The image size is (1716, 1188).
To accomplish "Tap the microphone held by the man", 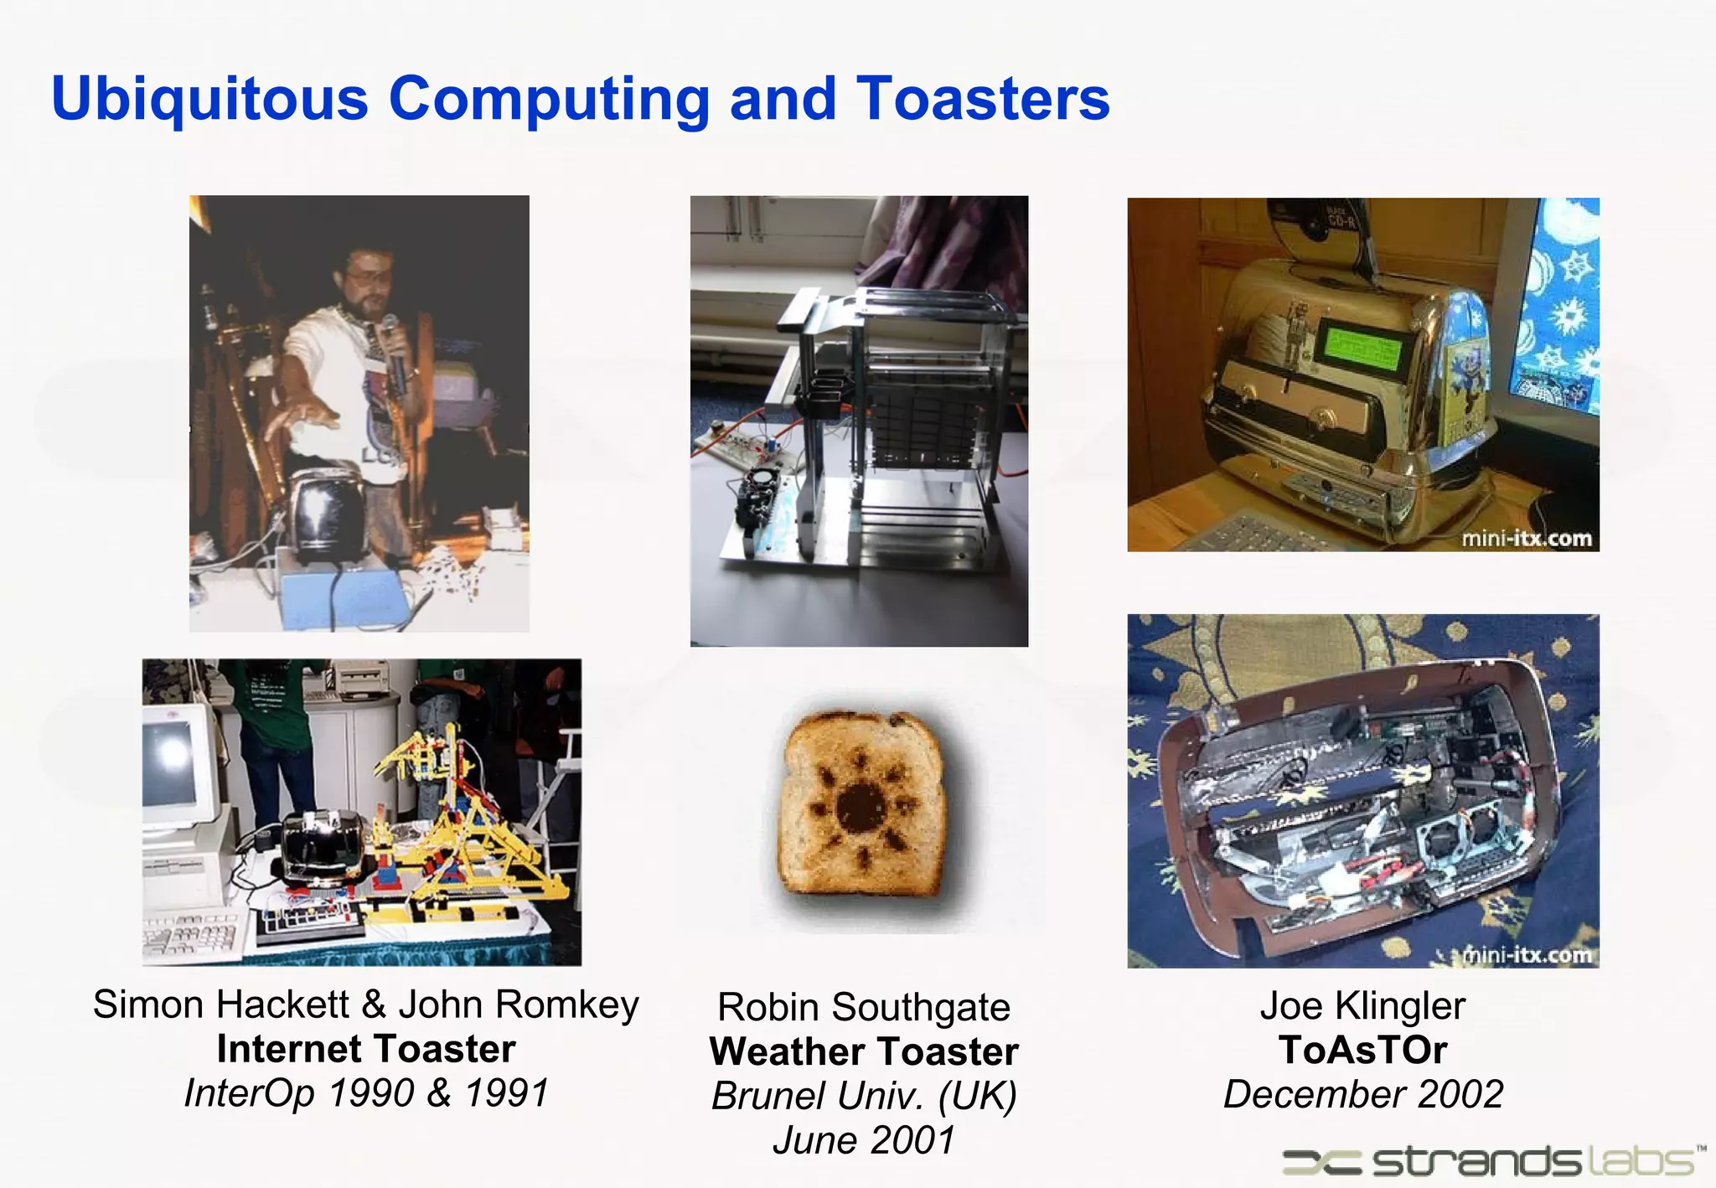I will point(392,343).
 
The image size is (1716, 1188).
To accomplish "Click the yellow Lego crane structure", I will point(469,804).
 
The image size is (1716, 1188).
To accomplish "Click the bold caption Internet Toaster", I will point(366,1049).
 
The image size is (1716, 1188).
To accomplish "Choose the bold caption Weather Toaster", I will point(864,1051).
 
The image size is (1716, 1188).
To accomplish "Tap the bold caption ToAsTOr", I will point(1362,1050).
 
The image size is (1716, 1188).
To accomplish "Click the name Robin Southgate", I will point(864,1007).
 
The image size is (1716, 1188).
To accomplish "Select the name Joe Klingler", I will point(1362,1005).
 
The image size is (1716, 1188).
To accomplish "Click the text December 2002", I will point(1362,1094).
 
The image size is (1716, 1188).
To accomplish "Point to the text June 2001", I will point(864,1140).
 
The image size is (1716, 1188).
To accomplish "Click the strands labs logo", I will point(1491,1161).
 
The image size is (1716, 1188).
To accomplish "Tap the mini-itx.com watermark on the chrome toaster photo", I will point(1526,539).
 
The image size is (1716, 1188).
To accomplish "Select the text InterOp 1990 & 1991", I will point(366,1093).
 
